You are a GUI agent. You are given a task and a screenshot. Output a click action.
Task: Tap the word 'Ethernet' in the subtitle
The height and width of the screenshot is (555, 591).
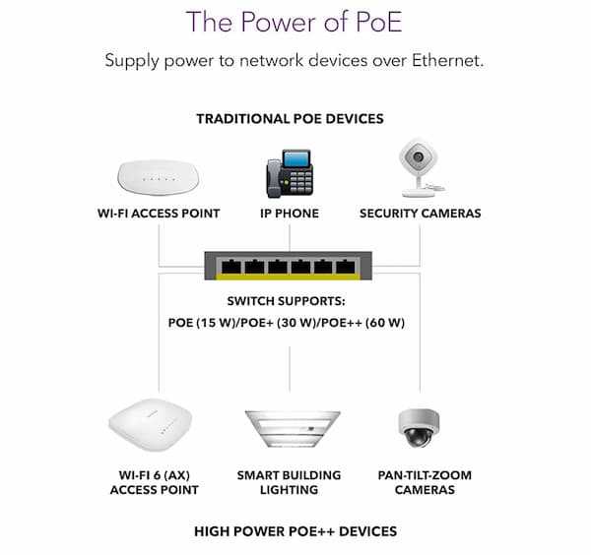tap(440, 61)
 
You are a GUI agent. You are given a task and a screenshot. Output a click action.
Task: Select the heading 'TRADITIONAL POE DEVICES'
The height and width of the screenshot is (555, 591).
tap(290, 119)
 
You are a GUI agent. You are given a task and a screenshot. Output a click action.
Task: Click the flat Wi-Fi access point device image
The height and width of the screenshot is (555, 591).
tap(158, 175)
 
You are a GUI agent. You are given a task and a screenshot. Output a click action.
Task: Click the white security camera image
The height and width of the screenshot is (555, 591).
tap(420, 168)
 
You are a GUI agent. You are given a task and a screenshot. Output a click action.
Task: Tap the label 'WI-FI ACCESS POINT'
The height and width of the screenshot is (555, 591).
tap(159, 213)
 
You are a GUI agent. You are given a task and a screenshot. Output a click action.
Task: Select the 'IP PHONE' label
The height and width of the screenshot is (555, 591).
tap(290, 213)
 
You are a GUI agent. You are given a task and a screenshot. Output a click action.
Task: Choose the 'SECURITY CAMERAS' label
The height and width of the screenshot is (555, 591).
tap(421, 213)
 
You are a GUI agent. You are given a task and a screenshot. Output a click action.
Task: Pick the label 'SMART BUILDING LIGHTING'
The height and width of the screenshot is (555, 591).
tap(290, 482)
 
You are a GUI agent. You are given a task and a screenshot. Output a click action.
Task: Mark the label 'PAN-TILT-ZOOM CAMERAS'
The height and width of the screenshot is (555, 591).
tap(424, 482)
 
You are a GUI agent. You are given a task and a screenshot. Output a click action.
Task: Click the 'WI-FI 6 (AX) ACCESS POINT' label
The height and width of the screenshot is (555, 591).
tap(155, 482)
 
